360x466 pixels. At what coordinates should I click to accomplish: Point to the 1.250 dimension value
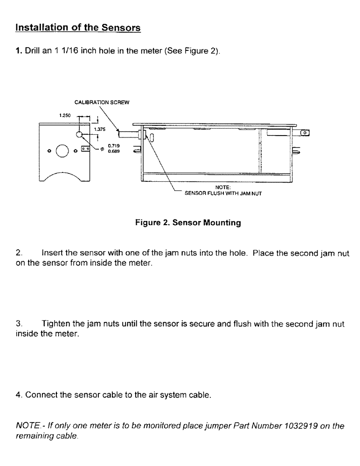(x=65, y=114)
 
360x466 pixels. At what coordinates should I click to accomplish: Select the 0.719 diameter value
(x=112, y=145)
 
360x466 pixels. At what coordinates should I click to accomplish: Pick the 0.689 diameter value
(x=112, y=151)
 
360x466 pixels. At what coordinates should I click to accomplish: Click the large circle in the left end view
(x=62, y=151)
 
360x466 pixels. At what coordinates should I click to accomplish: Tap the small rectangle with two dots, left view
(x=85, y=149)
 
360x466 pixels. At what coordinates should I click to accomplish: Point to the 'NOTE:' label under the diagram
(x=217, y=189)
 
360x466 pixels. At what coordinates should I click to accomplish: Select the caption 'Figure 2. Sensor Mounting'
(x=187, y=223)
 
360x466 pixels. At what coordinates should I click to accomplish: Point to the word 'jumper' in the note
(x=193, y=425)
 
